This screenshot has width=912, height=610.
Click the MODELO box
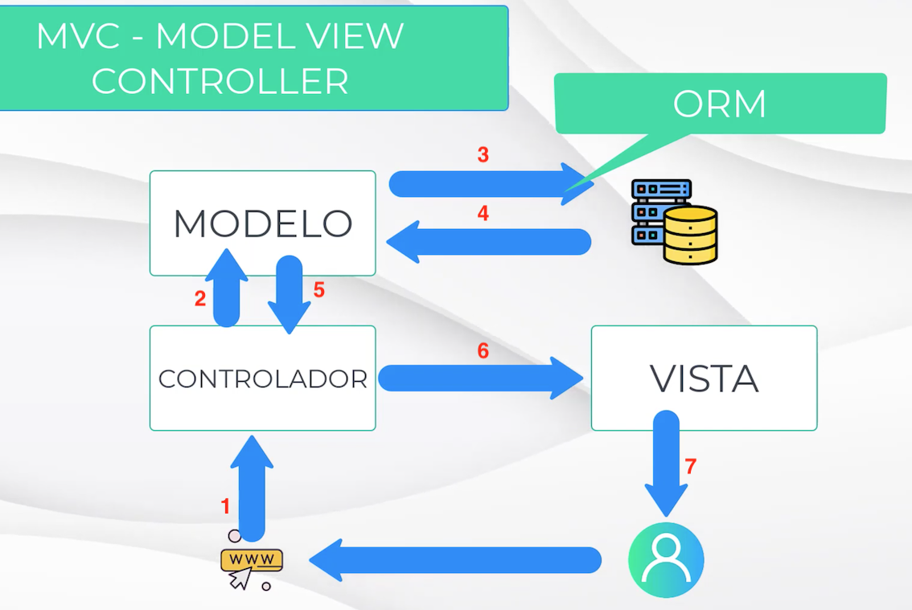tap(262, 223)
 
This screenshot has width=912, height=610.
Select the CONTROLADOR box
tap(262, 378)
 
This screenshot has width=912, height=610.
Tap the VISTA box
tap(704, 378)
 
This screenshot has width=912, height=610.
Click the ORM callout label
tap(720, 104)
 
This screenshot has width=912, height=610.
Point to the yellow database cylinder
tap(690, 235)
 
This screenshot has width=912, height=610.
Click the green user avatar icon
tap(666, 560)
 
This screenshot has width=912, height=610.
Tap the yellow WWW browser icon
tap(251, 560)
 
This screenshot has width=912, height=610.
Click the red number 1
tap(226, 506)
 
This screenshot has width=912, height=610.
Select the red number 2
tap(200, 299)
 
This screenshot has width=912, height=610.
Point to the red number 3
tap(483, 155)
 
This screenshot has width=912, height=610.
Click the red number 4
tap(483, 214)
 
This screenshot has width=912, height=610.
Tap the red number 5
tap(318, 290)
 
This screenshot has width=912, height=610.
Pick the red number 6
tap(483, 350)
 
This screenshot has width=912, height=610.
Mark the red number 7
tap(689, 465)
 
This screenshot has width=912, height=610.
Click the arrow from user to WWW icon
tap(455, 560)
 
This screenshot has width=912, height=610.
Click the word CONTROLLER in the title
tap(220, 81)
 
